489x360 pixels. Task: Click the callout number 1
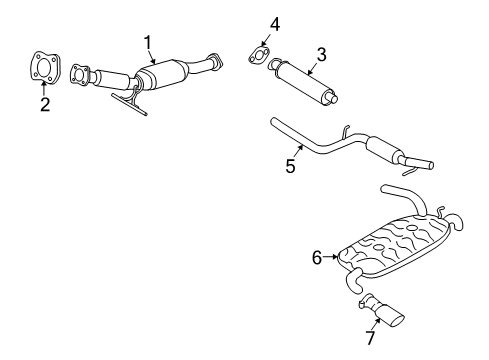147,42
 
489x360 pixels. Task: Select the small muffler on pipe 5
386,153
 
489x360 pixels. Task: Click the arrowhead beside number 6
332,258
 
